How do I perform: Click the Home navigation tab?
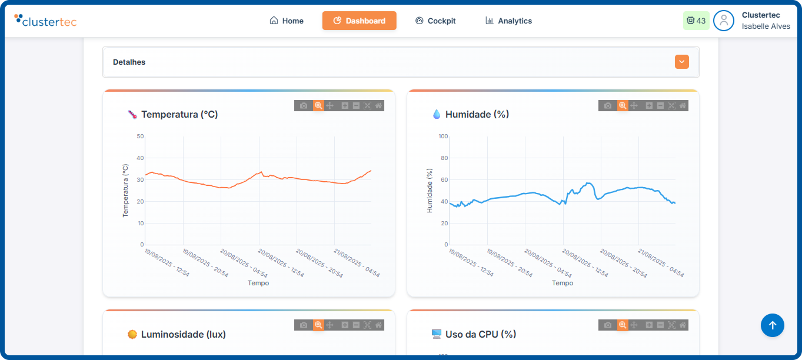click(x=287, y=21)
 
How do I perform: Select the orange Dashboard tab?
click(x=359, y=21)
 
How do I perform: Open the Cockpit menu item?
click(x=435, y=21)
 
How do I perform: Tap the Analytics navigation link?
click(x=508, y=21)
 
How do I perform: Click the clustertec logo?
click(x=45, y=21)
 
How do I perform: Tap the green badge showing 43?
click(x=696, y=21)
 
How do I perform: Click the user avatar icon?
click(x=723, y=21)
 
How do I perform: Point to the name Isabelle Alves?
click(x=766, y=26)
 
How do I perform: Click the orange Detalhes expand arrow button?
click(x=681, y=62)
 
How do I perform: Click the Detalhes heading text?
click(x=129, y=62)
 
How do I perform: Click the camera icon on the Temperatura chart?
click(x=304, y=105)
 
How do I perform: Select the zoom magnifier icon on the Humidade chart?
click(x=623, y=105)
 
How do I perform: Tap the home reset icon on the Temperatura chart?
click(x=378, y=105)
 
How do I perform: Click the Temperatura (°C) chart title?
click(x=179, y=114)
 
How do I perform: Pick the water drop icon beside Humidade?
click(x=436, y=114)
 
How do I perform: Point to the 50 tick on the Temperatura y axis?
click(x=140, y=136)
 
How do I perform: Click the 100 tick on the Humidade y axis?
click(x=443, y=136)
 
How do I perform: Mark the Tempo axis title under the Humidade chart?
click(x=562, y=283)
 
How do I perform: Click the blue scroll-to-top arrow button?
click(x=772, y=325)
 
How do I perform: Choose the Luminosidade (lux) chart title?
click(x=183, y=334)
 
